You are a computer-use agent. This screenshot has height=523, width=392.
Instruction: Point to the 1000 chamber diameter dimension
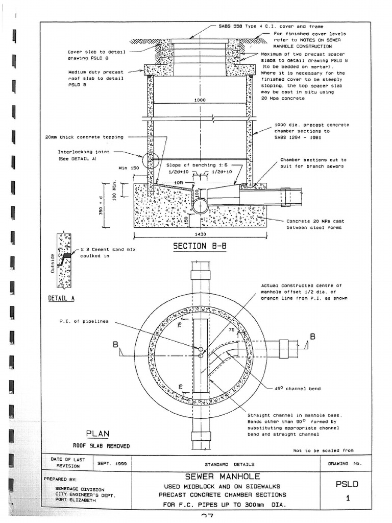click(200, 100)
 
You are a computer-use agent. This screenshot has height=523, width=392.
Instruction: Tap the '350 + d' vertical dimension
click(102, 204)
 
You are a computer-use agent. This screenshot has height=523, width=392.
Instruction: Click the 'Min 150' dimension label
click(129, 168)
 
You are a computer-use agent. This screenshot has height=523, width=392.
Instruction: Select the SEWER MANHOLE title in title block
click(222, 476)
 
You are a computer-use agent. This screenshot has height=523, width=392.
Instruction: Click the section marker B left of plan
click(116, 346)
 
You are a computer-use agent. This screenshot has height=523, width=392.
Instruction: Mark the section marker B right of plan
click(312, 337)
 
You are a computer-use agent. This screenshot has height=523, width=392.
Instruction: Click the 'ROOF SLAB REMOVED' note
click(101, 446)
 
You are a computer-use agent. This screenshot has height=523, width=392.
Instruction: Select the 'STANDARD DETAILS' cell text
click(222, 464)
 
